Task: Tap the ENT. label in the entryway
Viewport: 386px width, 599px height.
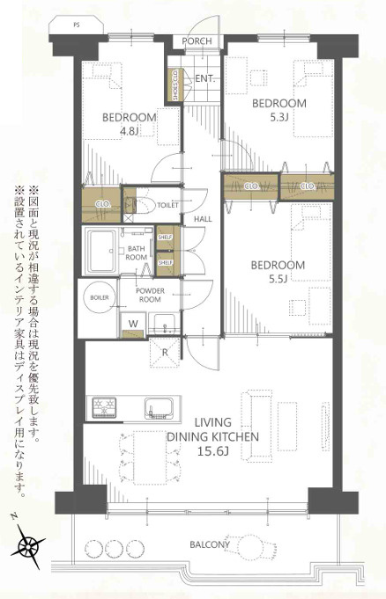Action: [204, 79]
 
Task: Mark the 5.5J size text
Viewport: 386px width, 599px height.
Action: [278, 280]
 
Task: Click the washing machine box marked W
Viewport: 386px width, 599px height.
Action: [132, 324]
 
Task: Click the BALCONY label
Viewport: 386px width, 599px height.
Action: [210, 545]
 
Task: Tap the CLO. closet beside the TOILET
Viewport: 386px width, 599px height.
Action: [101, 204]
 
